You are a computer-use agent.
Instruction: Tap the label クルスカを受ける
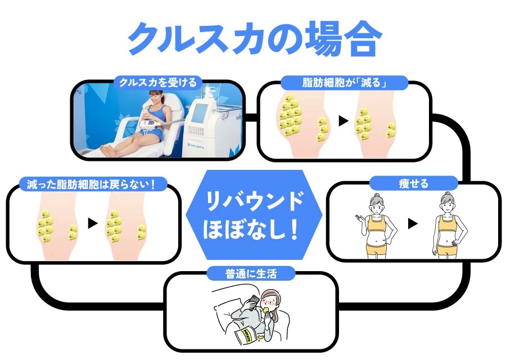click(x=157, y=83)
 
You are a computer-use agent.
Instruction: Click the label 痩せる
click(x=413, y=183)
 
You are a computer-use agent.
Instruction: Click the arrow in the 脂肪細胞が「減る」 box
click(x=343, y=120)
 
